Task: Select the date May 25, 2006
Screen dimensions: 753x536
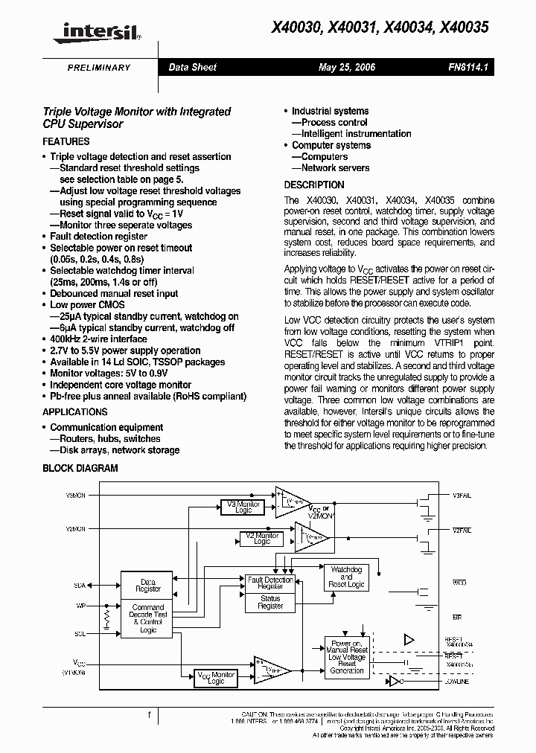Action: pyautogui.click(x=347, y=68)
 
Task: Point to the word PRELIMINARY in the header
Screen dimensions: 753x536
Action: pyautogui.click(x=99, y=68)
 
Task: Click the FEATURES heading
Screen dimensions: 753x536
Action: pyautogui.click(x=66, y=141)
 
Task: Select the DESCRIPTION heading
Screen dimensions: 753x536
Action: pyautogui.click(x=314, y=185)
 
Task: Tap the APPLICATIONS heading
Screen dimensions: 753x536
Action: pyautogui.click(x=75, y=412)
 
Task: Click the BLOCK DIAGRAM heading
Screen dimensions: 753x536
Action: pyautogui.click(x=80, y=469)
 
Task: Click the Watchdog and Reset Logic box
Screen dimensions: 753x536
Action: pyautogui.click(x=345, y=577)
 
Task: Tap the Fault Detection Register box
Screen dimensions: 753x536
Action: pyautogui.click(x=270, y=583)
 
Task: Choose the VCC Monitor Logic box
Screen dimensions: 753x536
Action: pyautogui.click(x=216, y=678)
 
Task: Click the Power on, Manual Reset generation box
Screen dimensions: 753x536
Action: pyautogui.click(x=346, y=656)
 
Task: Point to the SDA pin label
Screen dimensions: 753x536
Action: pyautogui.click(x=80, y=586)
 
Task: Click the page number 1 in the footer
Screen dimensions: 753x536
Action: pyautogui.click(x=149, y=715)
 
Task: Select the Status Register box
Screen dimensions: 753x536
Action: pyautogui.click(x=270, y=602)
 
